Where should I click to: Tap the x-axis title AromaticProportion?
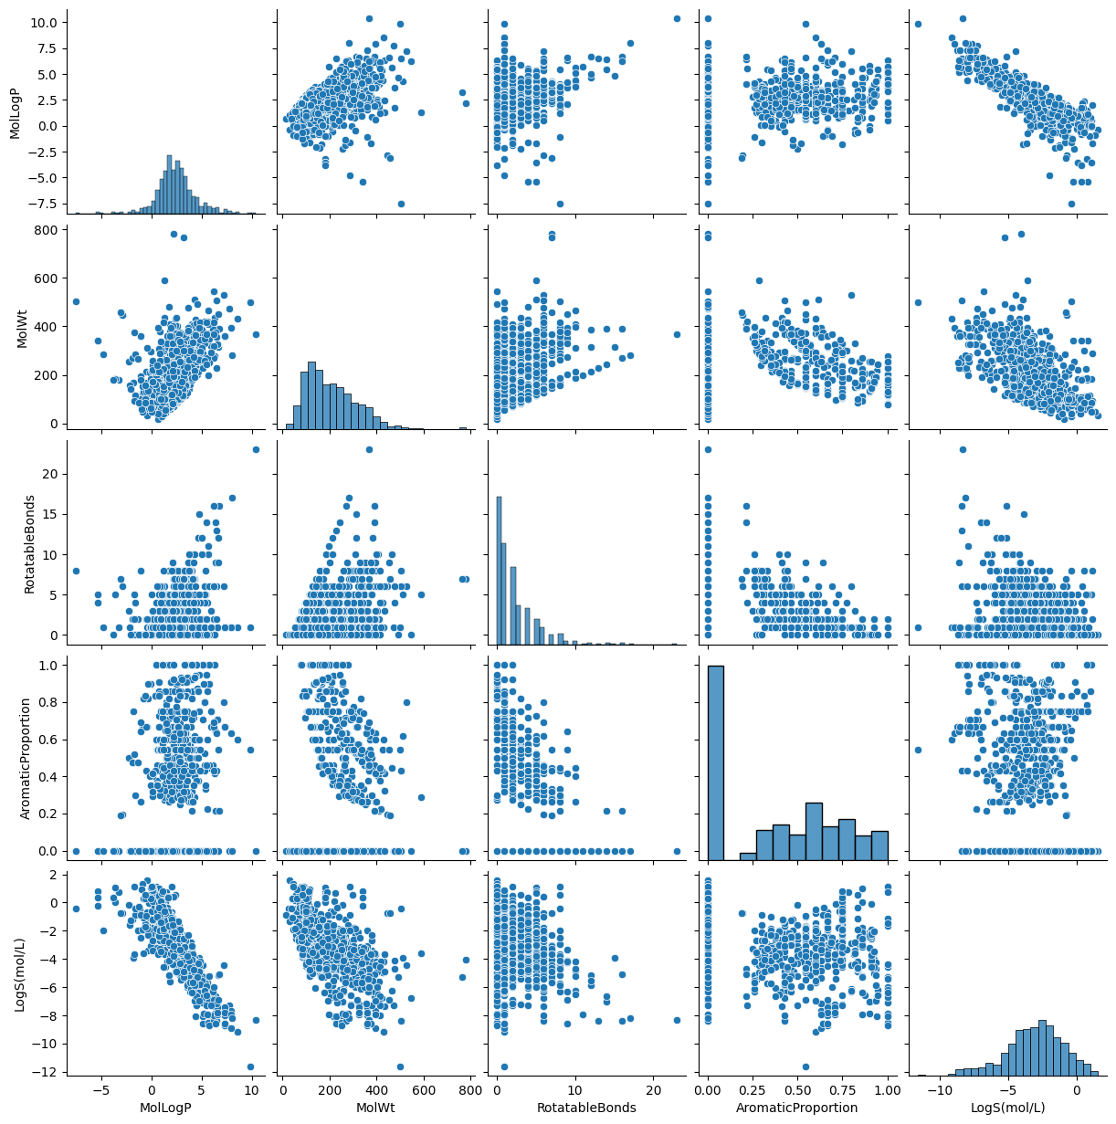pos(797,1108)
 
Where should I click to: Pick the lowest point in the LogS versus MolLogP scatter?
pos(250,1066)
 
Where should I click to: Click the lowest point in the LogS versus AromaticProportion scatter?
pos(805,1066)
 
